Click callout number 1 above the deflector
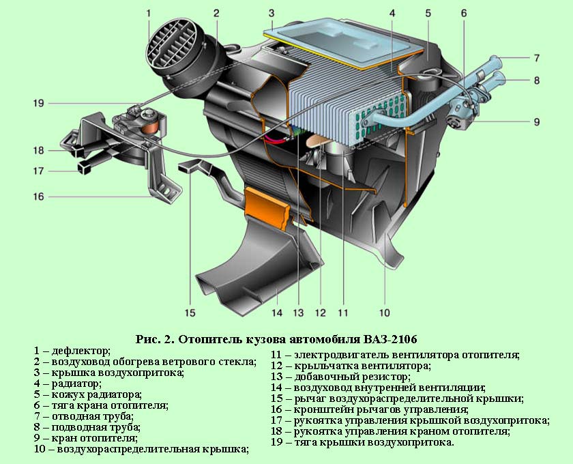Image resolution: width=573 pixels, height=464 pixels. point(148,13)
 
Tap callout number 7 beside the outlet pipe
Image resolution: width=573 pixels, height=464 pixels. point(536,58)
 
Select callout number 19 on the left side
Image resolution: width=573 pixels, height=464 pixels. point(37,104)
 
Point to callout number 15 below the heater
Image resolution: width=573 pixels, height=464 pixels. point(190,313)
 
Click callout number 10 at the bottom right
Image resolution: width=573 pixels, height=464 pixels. point(384,313)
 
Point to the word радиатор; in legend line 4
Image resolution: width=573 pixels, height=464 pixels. point(76,383)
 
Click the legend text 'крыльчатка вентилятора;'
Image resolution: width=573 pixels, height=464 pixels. point(362,366)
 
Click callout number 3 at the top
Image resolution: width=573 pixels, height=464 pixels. point(271,13)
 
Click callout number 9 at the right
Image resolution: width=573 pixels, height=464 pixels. point(536,122)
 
